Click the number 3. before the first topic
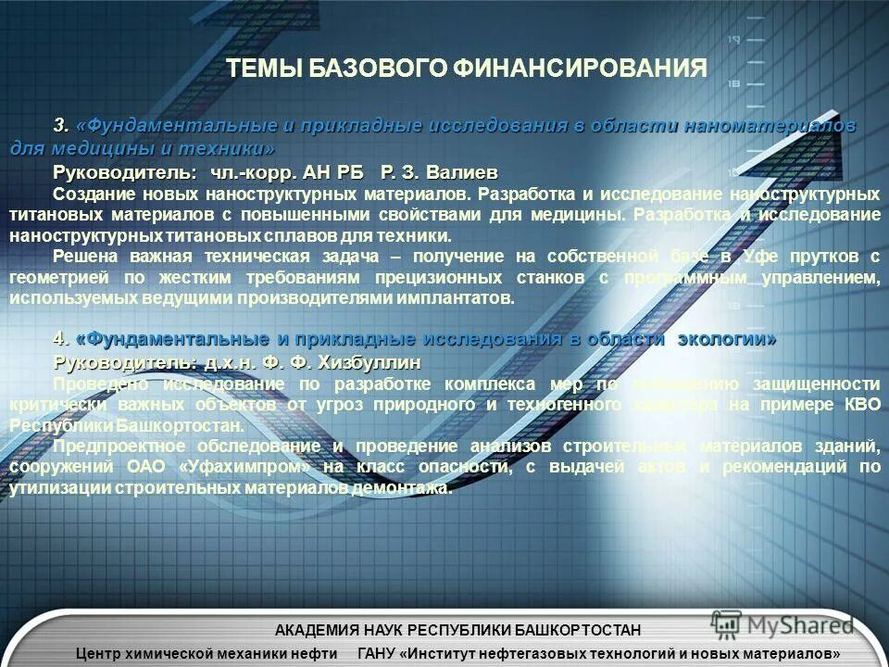pyautogui.click(x=61, y=125)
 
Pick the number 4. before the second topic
pyautogui.click(x=61, y=339)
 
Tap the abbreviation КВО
pyautogui.click(x=858, y=405)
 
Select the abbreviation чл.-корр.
pyautogui.click(x=251, y=173)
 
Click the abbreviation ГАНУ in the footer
pyautogui.click(x=379, y=654)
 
